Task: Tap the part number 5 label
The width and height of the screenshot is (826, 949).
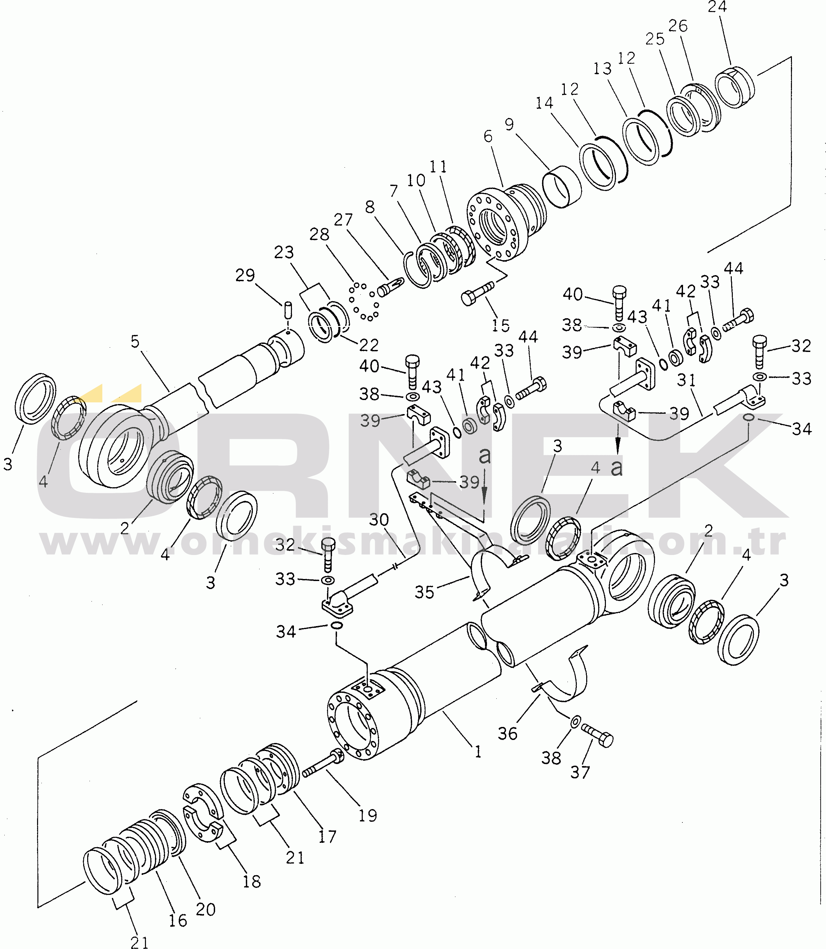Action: click(x=135, y=342)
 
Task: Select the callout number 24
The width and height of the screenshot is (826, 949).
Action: click(x=717, y=7)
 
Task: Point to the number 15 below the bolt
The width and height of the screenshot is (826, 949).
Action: click(x=501, y=325)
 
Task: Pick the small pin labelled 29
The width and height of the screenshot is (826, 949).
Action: click(x=288, y=310)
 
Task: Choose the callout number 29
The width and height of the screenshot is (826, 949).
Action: click(x=245, y=275)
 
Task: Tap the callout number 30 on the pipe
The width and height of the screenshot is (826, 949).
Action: click(x=379, y=520)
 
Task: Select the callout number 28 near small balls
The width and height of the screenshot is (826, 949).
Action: click(x=319, y=235)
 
